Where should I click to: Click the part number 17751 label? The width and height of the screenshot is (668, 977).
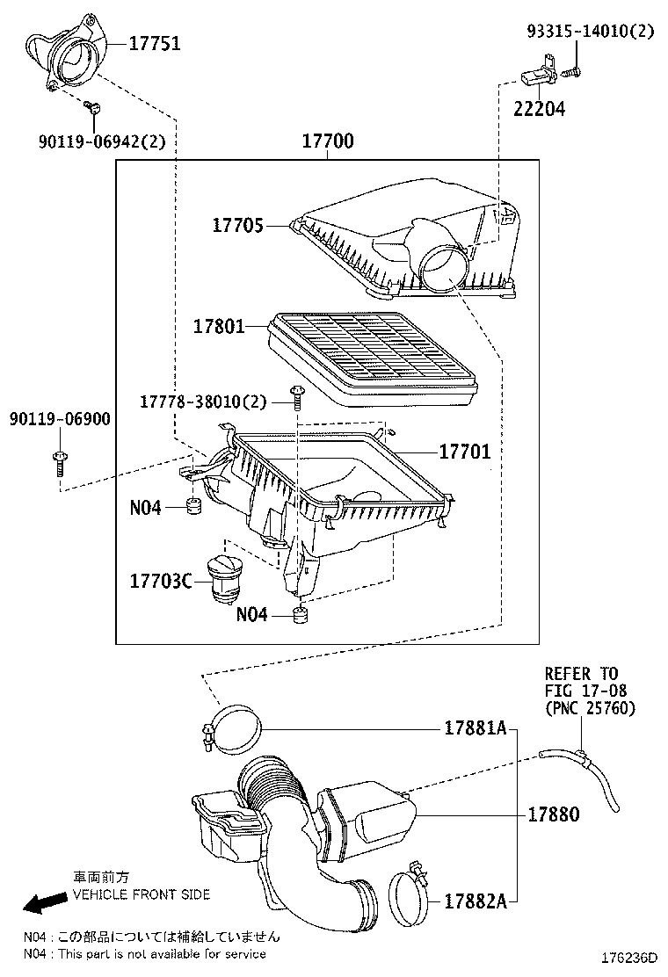156,43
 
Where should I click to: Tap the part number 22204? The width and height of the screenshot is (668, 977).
540,109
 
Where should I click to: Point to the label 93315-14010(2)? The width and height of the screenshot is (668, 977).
590,31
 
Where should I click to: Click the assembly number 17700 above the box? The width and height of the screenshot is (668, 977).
328,141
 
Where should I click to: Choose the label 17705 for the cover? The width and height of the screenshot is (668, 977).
237,225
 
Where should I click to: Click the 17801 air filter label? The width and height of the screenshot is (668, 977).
220,326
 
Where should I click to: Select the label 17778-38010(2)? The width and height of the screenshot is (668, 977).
203,402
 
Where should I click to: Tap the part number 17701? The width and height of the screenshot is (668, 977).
465,452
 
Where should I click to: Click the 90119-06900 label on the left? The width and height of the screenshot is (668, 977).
61,419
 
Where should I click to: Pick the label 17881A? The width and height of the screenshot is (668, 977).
476,728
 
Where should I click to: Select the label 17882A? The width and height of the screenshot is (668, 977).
476,901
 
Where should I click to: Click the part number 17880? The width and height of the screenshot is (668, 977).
554,814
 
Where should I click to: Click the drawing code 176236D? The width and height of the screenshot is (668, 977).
629,957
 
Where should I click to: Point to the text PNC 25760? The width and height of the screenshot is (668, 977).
590,708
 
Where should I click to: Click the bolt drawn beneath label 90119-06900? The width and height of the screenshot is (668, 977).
59,461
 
